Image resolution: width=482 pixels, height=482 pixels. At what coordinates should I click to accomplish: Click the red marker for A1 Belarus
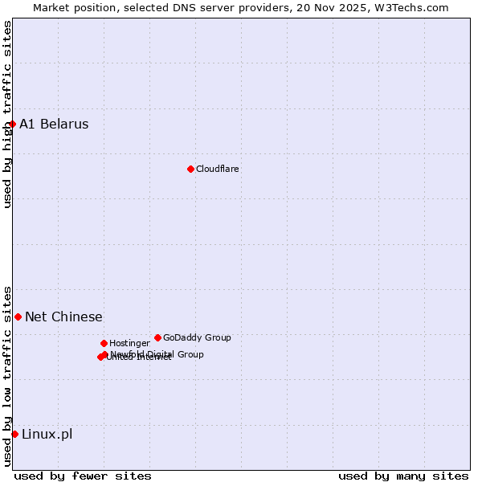point(12,124)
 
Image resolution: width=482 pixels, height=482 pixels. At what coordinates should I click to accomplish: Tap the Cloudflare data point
point(190,169)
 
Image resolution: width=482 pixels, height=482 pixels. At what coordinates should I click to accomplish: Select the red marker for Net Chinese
point(18,317)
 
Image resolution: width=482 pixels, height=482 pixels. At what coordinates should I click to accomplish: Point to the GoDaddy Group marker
point(157,337)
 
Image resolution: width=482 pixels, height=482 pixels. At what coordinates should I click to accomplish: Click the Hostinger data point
point(104,343)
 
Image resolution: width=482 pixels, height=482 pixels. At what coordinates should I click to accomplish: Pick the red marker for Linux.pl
point(14,434)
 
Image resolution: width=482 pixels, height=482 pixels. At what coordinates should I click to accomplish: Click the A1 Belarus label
point(54,124)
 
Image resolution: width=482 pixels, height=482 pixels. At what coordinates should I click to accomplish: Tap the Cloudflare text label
point(217,169)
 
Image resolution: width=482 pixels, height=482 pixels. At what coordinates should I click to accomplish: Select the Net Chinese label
point(63,317)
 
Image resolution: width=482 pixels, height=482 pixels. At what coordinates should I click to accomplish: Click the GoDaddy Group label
point(197,337)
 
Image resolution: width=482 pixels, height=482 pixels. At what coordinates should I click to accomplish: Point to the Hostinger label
point(129,343)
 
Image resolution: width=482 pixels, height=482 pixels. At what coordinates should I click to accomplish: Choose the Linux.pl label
point(47,434)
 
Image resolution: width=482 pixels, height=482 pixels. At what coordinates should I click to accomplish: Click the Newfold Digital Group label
point(157,353)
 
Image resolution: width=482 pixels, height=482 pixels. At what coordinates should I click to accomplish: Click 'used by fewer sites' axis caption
point(83,476)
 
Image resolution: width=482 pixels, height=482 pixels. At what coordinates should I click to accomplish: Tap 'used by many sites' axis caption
point(403,476)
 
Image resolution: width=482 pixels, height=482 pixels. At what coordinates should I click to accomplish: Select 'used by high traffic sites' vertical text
point(7,113)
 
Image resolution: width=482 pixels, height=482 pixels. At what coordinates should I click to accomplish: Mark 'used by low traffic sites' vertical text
point(7,375)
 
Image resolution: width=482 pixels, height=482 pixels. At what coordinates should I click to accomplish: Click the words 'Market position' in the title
point(71,7)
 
